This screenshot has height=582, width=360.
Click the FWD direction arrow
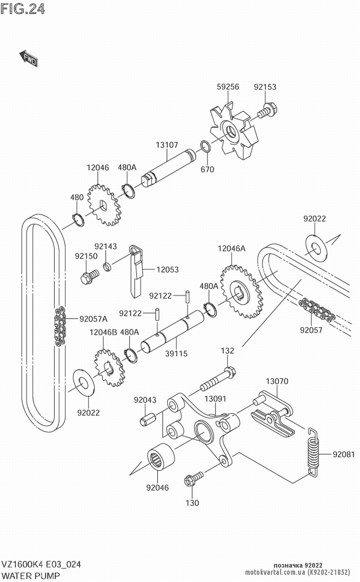(x=28, y=58)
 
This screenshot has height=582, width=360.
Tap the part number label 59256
(x=228, y=87)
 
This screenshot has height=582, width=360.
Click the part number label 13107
(x=167, y=145)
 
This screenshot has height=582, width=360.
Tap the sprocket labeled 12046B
(x=109, y=368)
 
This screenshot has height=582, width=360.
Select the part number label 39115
(x=176, y=353)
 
